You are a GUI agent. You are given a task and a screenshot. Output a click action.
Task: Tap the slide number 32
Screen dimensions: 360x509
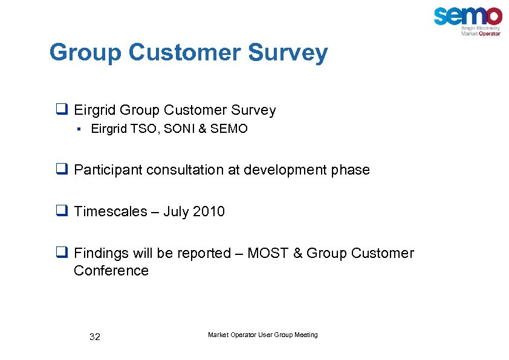tap(94, 337)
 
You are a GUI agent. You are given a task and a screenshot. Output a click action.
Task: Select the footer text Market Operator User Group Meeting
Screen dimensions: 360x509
tap(262, 335)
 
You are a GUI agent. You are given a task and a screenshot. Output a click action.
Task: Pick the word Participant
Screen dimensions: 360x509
tap(105, 170)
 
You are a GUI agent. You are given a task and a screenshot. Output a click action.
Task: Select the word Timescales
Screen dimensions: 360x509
tap(111, 211)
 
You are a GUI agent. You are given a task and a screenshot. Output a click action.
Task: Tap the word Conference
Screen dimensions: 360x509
tap(111, 271)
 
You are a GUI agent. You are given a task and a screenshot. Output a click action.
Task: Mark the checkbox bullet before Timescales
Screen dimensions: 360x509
tap(60, 211)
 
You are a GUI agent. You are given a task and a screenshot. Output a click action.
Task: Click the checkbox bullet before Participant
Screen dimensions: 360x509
tap(60, 170)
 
